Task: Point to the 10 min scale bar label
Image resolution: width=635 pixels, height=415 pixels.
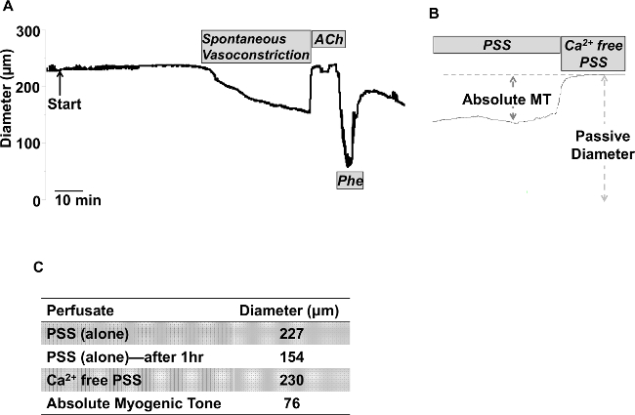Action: (x=77, y=200)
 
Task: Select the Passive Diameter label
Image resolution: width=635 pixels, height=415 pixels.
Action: (x=605, y=145)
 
